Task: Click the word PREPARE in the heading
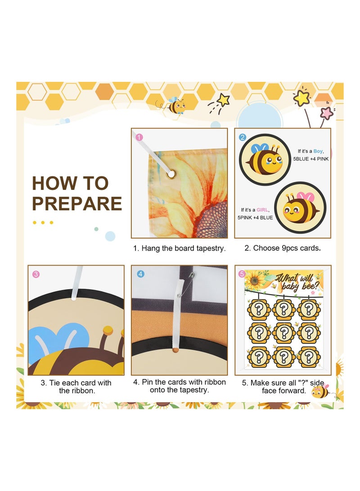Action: [76, 203]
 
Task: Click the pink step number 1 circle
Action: [139, 137]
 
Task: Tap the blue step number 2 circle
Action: [243, 137]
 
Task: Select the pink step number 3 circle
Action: [36, 274]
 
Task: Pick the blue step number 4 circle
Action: [140, 274]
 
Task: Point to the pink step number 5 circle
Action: [243, 274]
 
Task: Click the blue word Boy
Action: [318, 151]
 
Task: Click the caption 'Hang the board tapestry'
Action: [179, 248]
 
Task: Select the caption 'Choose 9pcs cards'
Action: [283, 248]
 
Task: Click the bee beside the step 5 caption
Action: [320, 391]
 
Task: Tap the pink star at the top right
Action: [327, 113]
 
